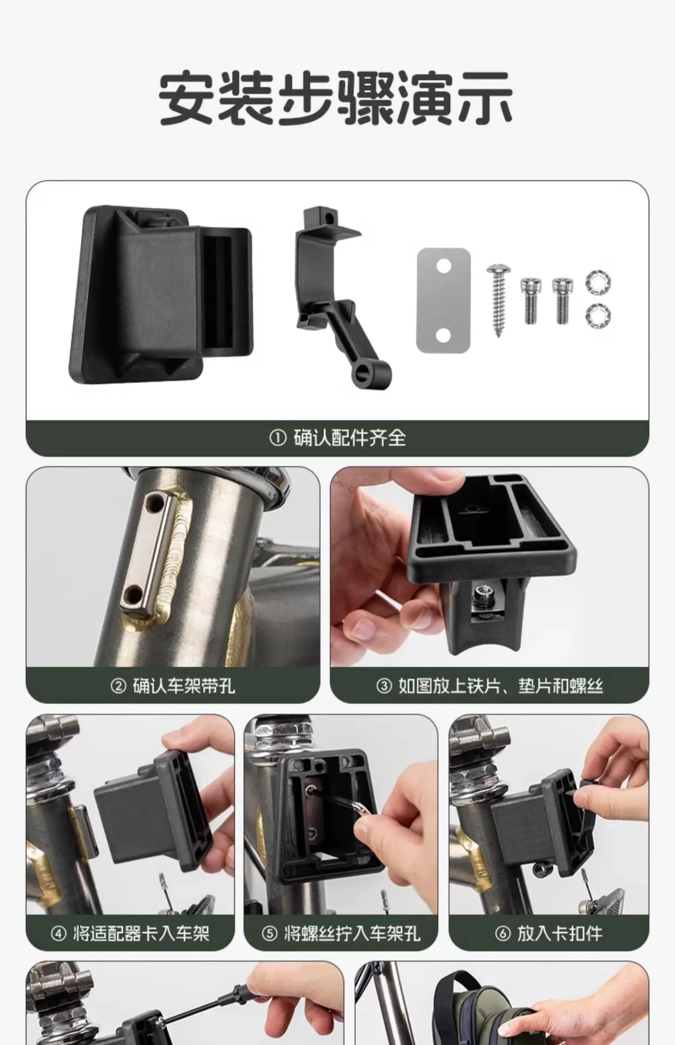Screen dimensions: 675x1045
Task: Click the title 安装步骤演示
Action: coord(336,98)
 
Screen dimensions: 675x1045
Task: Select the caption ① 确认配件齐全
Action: coord(337,438)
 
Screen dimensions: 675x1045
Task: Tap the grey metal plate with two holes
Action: coord(444,300)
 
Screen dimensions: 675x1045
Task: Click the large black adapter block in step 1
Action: coord(161,295)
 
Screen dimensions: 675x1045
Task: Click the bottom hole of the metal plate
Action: coord(444,335)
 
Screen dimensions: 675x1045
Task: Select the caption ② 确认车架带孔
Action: coord(173,686)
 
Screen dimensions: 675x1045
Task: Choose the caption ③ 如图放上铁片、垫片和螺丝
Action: coord(490,686)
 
